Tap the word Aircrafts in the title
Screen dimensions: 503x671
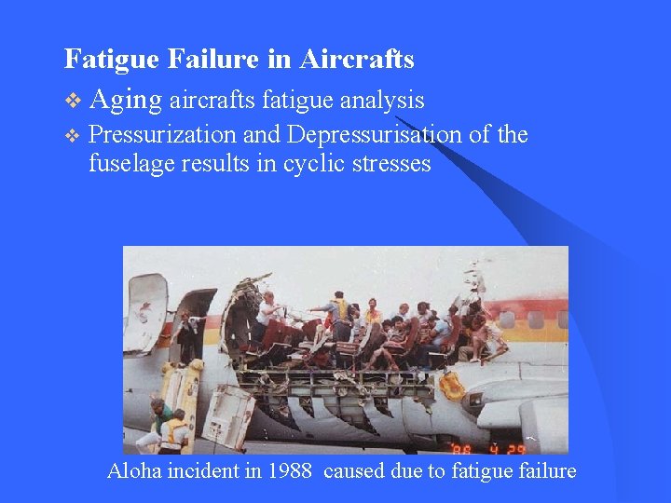(x=357, y=60)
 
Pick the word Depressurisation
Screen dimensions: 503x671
(x=374, y=135)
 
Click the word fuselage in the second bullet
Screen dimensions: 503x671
(x=127, y=164)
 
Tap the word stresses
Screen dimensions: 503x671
(x=390, y=164)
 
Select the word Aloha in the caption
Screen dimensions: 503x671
(x=134, y=471)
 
